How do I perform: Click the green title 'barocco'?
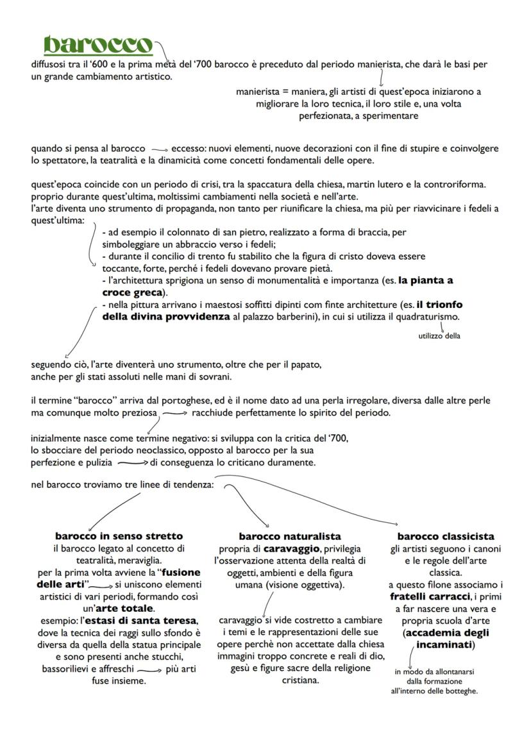[x=98, y=45]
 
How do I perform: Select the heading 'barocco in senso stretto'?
[x=119, y=536]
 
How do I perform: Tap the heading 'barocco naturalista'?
[x=289, y=536]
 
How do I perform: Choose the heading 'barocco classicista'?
[x=446, y=536]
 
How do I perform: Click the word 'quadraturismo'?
[x=428, y=317]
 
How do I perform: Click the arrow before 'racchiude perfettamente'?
[x=175, y=414]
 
